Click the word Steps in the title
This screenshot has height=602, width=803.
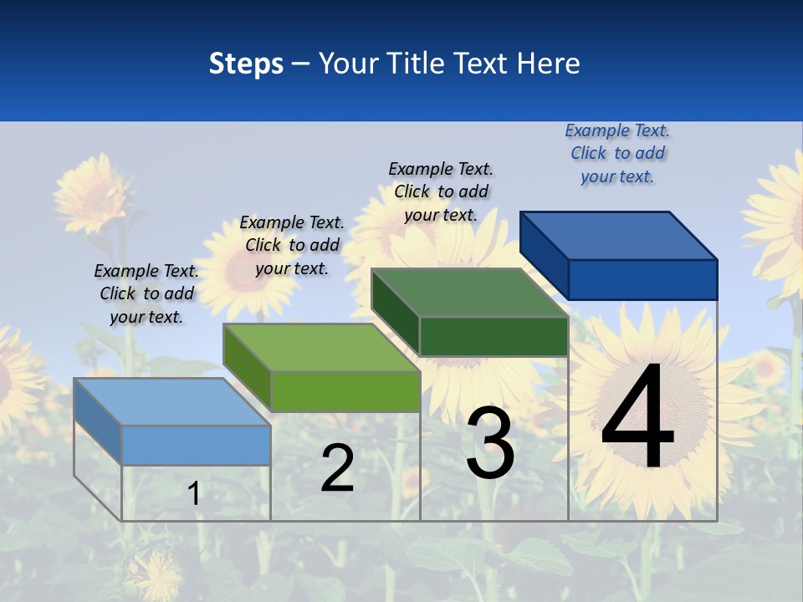point(246,64)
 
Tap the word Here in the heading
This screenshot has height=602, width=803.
point(548,64)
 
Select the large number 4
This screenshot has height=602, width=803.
point(637,418)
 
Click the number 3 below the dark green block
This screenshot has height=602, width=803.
point(490,444)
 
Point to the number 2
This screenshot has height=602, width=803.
point(337,468)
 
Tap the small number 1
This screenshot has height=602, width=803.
point(194,493)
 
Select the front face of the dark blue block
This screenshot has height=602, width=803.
point(642,279)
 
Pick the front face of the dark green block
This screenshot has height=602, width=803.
point(494,336)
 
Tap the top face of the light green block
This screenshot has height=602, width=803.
point(322,347)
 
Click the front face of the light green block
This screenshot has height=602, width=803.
point(345,391)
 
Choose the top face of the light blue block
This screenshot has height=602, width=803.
point(172,401)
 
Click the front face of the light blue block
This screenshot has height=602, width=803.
point(196,445)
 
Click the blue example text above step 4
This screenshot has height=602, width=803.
point(617,154)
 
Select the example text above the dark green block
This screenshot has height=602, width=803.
point(441,191)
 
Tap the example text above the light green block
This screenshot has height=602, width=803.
point(292,245)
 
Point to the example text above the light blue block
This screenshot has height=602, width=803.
point(146,293)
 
